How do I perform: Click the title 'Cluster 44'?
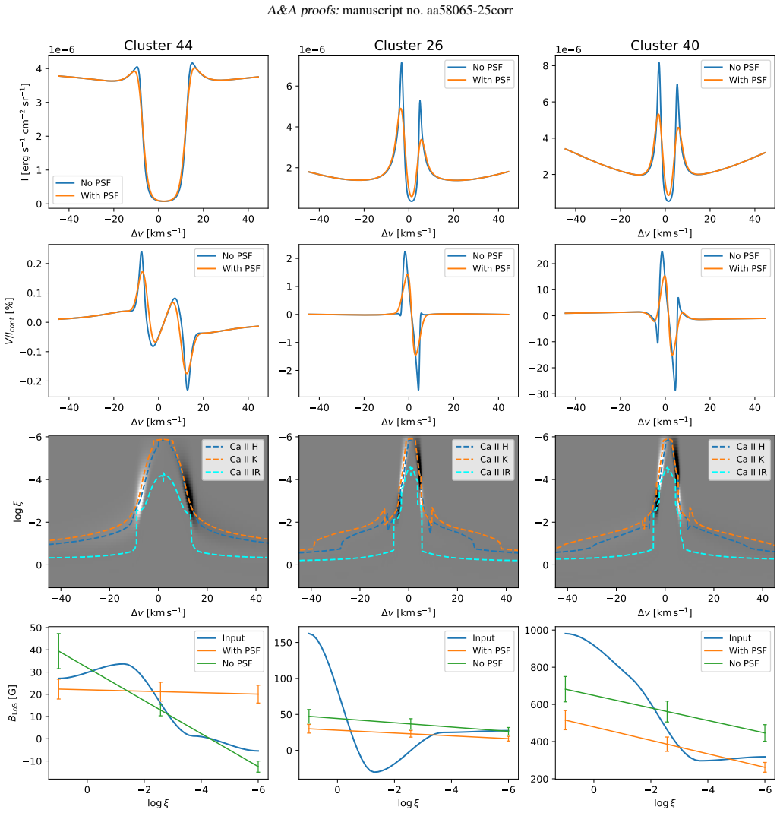click(x=158, y=46)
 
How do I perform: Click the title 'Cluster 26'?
click(x=409, y=46)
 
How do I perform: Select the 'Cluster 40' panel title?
click(x=665, y=46)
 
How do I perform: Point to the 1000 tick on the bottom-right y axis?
click(x=536, y=630)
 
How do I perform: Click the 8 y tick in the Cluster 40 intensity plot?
click(x=545, y=66)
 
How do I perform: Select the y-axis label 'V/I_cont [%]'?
click(x=10, y=321)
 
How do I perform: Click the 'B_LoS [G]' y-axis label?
click(x=12, y=703)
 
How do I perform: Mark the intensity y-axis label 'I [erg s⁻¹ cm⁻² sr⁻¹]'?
click(x=24, y=132)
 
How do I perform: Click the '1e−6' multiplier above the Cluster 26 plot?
click(x=312, y=50)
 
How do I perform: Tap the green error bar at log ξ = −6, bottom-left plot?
click(x=258, y=766)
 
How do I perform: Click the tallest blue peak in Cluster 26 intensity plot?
click(x=401, y=64)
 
